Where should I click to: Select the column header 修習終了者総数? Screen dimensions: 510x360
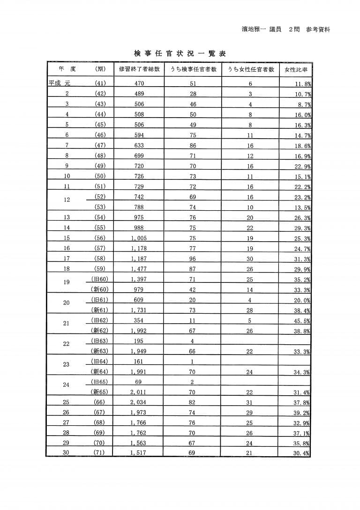pos(139,69)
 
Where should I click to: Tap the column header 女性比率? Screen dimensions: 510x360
pos(296,70)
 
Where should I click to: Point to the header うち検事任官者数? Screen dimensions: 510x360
pos(193,69)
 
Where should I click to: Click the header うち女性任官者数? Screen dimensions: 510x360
pos(250,69)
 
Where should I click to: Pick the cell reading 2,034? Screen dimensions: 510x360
pos(139,402)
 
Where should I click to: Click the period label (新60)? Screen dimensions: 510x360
pos(100,289)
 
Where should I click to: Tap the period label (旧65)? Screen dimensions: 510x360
pos(100,382)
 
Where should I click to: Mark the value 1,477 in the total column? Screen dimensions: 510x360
pos(139,269)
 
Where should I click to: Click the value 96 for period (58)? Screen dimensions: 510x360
pos(193,259)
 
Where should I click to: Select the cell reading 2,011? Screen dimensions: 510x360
pos(139,392)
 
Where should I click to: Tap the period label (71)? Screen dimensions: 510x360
pos(100,452)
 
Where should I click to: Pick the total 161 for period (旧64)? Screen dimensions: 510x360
pos(139,362)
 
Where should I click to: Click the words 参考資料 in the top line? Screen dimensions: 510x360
pos(318,30)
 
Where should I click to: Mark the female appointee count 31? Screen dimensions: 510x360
pos(249,402)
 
